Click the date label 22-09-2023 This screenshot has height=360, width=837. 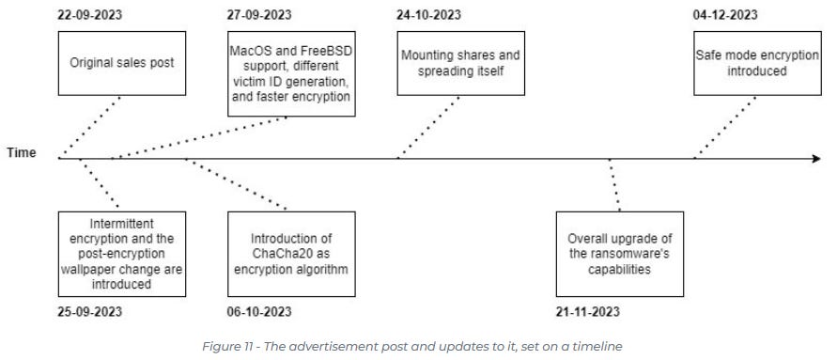tap(91, 15)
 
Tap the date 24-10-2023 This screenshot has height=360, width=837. tap(430, 15)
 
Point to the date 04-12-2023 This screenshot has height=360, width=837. tap(726, 15)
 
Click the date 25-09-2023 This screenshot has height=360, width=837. tap(91, 312)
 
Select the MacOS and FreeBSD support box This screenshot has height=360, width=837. tap(291, 73)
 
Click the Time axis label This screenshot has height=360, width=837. tap(21, 154)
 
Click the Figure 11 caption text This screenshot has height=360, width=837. tap(413, 347)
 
